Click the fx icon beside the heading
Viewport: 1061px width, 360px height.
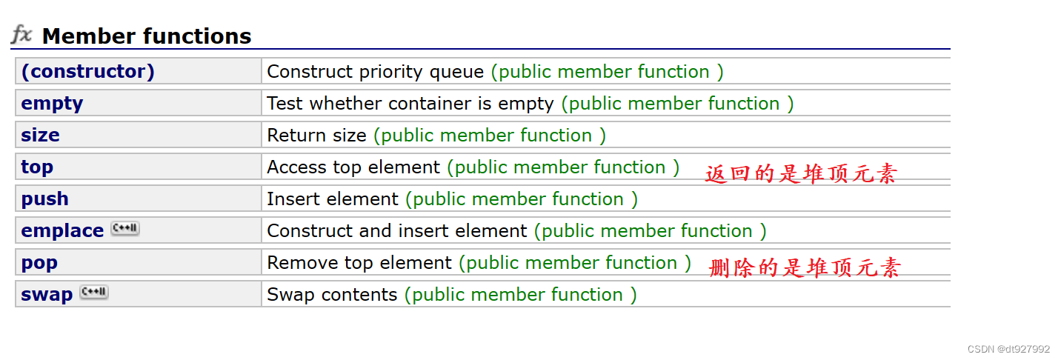click(21, 34)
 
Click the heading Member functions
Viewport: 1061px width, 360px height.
click(147, 36)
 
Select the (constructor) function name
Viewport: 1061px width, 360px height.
click(87, 72)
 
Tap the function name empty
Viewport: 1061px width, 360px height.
click(52, 104)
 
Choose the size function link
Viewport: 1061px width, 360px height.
click(40, 136)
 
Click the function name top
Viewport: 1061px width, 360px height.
click(37, 167)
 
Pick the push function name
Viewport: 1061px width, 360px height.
click(44, 199)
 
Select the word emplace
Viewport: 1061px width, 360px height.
click(62, 231)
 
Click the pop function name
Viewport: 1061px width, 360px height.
click(39, 263)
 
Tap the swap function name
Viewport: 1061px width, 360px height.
click(47, 295)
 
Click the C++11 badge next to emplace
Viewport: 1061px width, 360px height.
click(124, 229)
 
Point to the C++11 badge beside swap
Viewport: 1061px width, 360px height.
click(94, 293)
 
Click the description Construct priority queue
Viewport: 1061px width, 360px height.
click(375, 72)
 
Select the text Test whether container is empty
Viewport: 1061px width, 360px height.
click(410, 104)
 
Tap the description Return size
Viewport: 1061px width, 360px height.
click(316, 136)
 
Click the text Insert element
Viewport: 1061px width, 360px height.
click(333, 199)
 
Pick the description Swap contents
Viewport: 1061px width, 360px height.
click(332, 295)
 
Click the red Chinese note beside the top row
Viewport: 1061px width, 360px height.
click(801, 173)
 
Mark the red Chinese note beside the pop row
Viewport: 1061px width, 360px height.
click(804, 267)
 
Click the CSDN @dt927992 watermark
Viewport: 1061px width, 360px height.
click(1008, 349)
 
